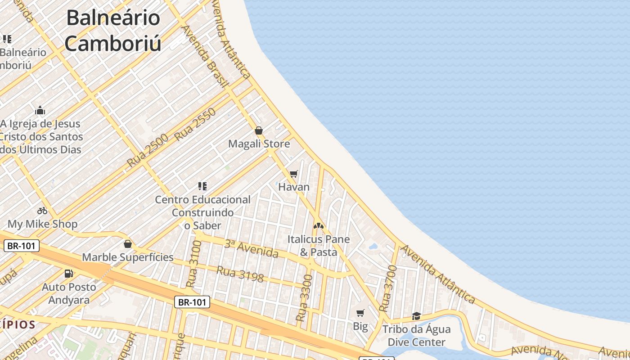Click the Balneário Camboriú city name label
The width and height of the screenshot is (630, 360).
pyautogui.click(x=113, y=31)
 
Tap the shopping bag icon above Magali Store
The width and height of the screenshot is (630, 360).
pyautogui.click(x=259, y=131)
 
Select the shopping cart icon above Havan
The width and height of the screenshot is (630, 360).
pyautogui.click(x=294, y=174)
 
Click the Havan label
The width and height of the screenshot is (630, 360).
pyautogui.click(x=294, y=187)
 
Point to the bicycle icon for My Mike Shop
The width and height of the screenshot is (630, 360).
pyautogui.click(x=42, y=211)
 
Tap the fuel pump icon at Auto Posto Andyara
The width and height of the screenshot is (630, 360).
pyautogui.click(x=69, y=273)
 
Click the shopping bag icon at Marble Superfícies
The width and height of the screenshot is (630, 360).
pyautogui.click(x=128, y=244)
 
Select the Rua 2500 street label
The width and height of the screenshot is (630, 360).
pyautogui.click(x=147, y=150)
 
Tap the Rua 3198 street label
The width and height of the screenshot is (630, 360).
pyautogui.click(x=240, y=274)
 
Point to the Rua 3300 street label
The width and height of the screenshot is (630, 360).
pyautogui.click(x=304, y=298)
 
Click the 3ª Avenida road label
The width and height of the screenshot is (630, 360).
pyautogui.click(x=251, y=249)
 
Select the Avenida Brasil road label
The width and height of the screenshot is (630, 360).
pyautogui.click(x=205, y=55)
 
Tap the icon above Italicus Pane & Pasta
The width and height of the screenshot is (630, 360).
pyautogui.click(x=319, y=225)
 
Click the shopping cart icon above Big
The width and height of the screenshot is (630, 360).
pyautogui.click(x=360, y=313)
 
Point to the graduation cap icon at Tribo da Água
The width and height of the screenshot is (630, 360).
pyautogui.click(x=416, y=316)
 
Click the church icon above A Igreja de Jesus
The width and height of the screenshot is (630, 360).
pyautogui.click(x=40, y=111)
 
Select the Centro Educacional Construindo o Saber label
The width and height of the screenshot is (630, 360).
pyautogui.click(x=202, y=212)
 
